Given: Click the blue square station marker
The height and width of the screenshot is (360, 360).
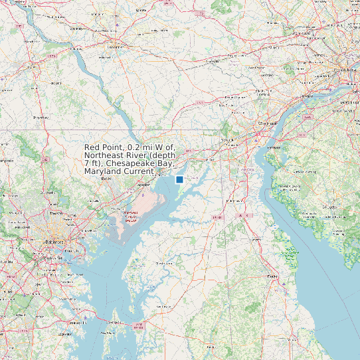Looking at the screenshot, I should coord(179,179).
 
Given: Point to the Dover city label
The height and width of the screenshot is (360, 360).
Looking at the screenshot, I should coord(272,276).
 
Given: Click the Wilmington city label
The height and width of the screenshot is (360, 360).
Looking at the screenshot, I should coord(268,124).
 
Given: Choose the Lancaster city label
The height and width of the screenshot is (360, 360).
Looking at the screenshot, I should coord(116,48).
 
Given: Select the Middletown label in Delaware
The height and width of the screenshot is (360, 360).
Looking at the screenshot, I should coord(236,200).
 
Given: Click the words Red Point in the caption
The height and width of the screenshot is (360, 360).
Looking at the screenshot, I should coord(104,147).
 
